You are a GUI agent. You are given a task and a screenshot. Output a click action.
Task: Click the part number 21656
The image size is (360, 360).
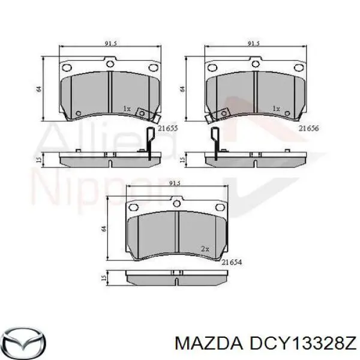pyautogui.click(x=310, y=128)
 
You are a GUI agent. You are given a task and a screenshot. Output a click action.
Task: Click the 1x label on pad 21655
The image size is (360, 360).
pyautogui.click(x=127, y=109)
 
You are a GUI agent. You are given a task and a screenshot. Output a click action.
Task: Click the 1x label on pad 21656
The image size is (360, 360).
pyautogui.click(x=276, y=109)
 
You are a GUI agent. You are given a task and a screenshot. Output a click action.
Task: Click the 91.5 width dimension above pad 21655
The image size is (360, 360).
pyautogui.click(x=110, y=43)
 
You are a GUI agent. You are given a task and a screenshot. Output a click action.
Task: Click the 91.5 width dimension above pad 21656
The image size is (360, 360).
pyautogui.click(x=254, y=43)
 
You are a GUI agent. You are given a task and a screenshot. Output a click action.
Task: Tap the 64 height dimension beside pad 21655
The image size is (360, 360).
pyautogui.click(x=38, y=89)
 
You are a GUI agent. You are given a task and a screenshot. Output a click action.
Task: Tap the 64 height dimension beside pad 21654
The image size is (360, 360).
pyautogui.click(x=104, y=229)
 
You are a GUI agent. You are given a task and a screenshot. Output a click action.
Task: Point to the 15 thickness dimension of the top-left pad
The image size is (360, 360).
pyautogui.click(x=38, y=158)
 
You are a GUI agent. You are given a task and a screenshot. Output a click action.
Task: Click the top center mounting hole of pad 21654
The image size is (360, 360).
pyautogui.click(x=176, y=204)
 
